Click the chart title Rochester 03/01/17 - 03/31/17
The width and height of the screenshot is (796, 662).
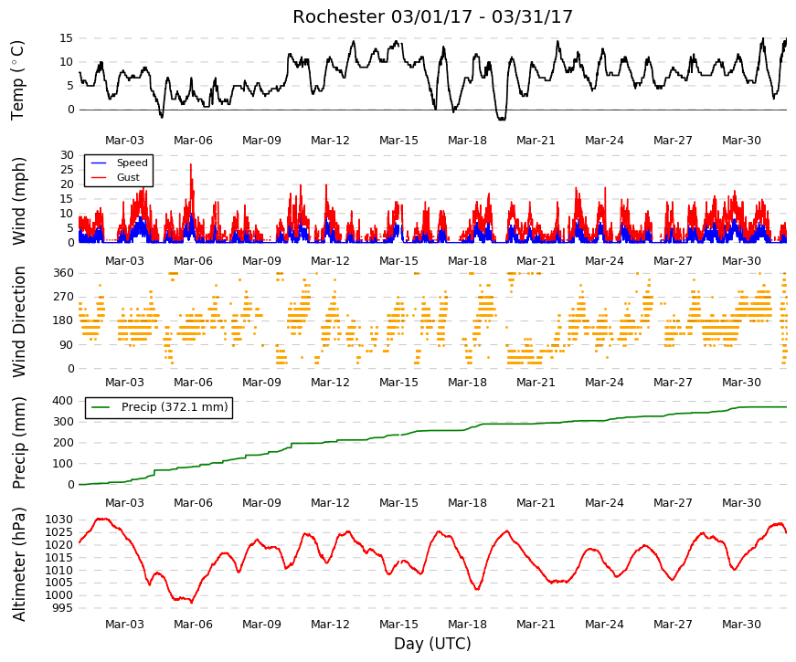tap(432, 16)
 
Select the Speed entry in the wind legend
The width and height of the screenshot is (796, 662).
tap(132, 163)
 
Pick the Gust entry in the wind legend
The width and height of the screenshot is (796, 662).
tap(128, 177)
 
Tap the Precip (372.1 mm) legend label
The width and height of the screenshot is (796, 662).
tap(175, 407)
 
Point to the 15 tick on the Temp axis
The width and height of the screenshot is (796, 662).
tap(67, 38)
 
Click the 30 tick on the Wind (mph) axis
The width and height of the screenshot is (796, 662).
tap(67, 155)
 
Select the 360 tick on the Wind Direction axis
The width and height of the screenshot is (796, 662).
tap(63, 273)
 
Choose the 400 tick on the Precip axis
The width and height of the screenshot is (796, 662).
tap(63, 401)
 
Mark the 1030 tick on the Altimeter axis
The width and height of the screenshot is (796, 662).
tap(59, 520)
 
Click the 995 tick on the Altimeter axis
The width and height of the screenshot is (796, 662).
tap(63, 608)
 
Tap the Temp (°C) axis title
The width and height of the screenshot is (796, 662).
tap(17, 80)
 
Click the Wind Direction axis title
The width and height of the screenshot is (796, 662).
tap(19, 322)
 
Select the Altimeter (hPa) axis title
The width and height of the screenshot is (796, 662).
tap(19, 564)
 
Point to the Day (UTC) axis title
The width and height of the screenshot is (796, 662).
tap(432, 644)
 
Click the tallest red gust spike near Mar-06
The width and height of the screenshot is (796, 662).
tap(191, 164)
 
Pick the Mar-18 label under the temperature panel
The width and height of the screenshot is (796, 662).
tap(467, 141)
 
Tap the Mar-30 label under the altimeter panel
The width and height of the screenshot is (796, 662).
tap(741, 625)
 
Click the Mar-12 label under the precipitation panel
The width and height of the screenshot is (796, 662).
tap(330, 503)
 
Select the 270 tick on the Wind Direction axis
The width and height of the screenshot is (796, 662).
tap(63, 297)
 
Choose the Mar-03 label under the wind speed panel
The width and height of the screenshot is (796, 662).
tap(124, 261)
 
